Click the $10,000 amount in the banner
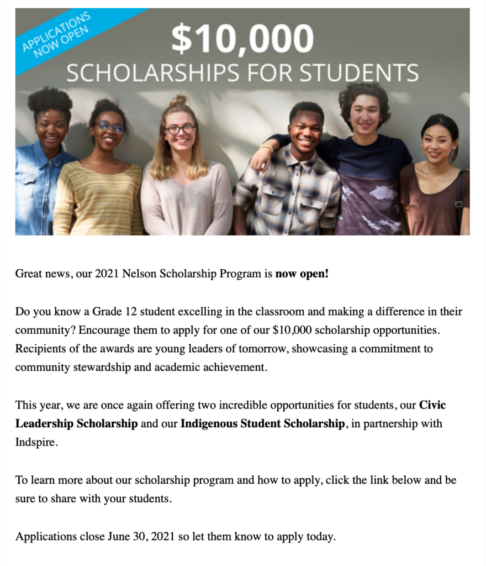242,40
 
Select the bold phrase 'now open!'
302,274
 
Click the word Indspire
36,443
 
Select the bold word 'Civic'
432,405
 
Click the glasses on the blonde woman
180,129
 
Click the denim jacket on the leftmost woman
33,188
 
